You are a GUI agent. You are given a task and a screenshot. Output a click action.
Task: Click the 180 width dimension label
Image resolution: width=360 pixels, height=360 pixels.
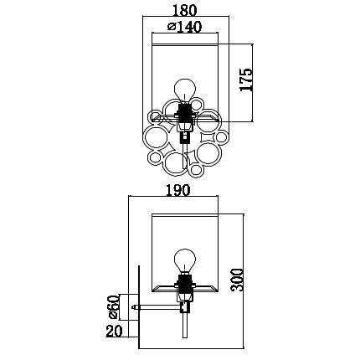click(185, 10)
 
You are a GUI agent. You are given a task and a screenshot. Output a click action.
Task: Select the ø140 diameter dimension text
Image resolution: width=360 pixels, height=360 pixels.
click(184, 27)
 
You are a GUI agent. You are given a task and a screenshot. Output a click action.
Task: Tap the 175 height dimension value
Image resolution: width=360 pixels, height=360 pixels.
click(246, 80)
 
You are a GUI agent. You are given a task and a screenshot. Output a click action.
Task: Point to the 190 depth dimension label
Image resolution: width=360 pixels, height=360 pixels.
click(178, 190)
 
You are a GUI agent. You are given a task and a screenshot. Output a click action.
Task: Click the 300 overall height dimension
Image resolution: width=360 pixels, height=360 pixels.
click(237, 280)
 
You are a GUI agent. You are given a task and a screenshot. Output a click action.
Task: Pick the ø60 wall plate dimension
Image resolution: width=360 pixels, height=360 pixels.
click(114, 306)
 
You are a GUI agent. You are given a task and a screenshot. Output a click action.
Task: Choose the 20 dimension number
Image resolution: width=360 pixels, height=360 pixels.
click(114, 332)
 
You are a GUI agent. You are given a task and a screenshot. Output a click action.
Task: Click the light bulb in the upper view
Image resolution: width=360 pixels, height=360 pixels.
click(184, 90)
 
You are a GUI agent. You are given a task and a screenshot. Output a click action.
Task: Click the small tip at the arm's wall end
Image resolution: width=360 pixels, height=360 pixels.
click(134, 307)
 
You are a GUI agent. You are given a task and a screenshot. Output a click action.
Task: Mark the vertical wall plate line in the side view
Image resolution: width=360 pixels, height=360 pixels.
click(139, 307)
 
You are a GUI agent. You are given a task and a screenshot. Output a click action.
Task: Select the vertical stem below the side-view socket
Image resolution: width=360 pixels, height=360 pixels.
click(184, 324)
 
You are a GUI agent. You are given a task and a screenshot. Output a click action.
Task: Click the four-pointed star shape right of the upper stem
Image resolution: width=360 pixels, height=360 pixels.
click(208, 136)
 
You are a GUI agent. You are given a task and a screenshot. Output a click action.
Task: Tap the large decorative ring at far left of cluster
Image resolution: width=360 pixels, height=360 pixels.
click(154, 138)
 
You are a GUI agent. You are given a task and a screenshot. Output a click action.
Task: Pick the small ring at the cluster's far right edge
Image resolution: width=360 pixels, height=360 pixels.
click(222, 136)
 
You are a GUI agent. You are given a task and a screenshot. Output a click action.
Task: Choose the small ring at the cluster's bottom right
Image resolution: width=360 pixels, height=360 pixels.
click(196, 169)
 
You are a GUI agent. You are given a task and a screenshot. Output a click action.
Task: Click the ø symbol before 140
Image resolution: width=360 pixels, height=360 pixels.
click(172, 27)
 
